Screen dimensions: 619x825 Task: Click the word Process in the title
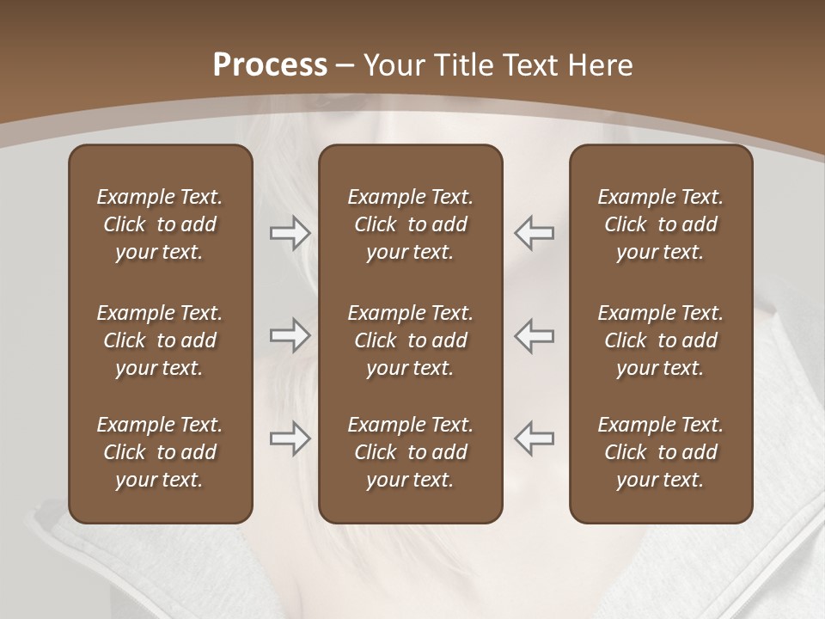pos(270,65)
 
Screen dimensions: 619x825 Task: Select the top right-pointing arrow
pos(290,232)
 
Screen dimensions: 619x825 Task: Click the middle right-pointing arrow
pos(290,335)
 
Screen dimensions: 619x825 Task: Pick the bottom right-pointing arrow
pos(290,438)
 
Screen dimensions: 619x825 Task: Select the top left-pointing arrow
pos(534,232)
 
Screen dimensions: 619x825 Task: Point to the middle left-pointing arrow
pos(534,335)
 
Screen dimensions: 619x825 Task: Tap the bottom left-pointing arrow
pos(534,438)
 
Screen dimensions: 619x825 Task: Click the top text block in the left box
pos(160,224)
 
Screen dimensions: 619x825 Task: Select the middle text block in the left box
pos(160,340)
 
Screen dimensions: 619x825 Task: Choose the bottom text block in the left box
pos(160,452)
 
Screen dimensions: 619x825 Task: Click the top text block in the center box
pos(410,224)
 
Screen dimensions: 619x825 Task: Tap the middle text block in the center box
pos(410,340)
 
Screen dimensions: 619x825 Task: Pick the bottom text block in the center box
pos(410,452)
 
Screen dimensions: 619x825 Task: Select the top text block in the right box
pos(660,224)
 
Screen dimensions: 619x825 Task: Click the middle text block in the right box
pos(660,340)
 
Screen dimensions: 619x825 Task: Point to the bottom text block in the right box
pos(660,452)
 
